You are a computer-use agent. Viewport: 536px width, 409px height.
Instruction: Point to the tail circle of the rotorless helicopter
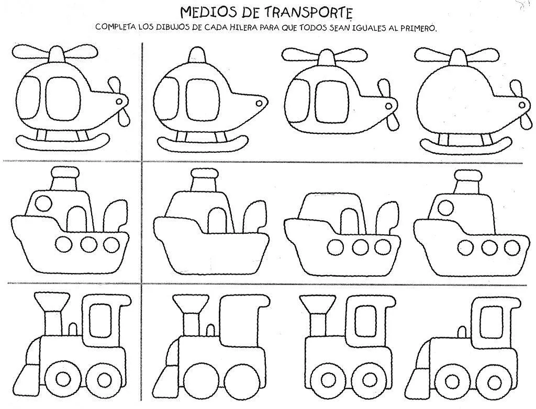[258, 102]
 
